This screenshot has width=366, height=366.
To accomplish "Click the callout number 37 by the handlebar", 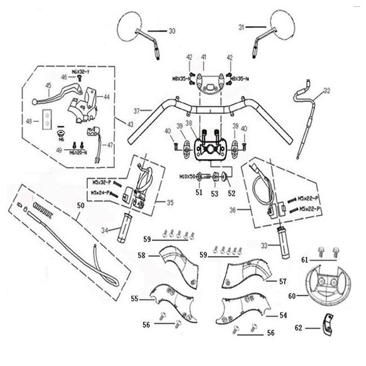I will (136, 110).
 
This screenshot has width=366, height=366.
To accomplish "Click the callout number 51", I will (198, 193).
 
